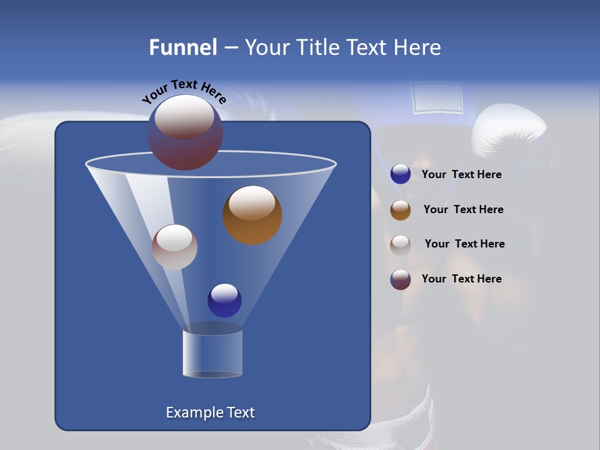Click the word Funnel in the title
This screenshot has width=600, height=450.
pos(182,47)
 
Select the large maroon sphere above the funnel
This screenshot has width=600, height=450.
pos(185,132)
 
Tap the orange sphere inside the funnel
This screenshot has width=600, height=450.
pos(252,215)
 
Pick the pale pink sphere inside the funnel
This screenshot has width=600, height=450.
pos(174,247)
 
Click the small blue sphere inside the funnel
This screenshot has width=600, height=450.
pos(224,300)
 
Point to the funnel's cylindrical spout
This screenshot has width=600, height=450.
pos(212,352)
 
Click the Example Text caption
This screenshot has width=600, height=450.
pos(210,412)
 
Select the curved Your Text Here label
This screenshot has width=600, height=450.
pos(184,91)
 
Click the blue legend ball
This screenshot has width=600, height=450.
pos(401,174)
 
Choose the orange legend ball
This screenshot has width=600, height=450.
pos(401,210)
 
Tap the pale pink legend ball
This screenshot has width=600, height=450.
pos(401,244)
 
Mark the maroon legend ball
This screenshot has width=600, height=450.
pos(401,279)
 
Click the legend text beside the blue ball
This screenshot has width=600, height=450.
pos(461,175)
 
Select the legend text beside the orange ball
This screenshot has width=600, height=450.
pos(463,210)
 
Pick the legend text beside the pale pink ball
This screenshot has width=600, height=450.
pos(464,244)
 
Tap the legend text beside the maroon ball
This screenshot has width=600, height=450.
pos(461,279)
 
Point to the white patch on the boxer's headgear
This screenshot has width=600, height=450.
pos(437,99)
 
